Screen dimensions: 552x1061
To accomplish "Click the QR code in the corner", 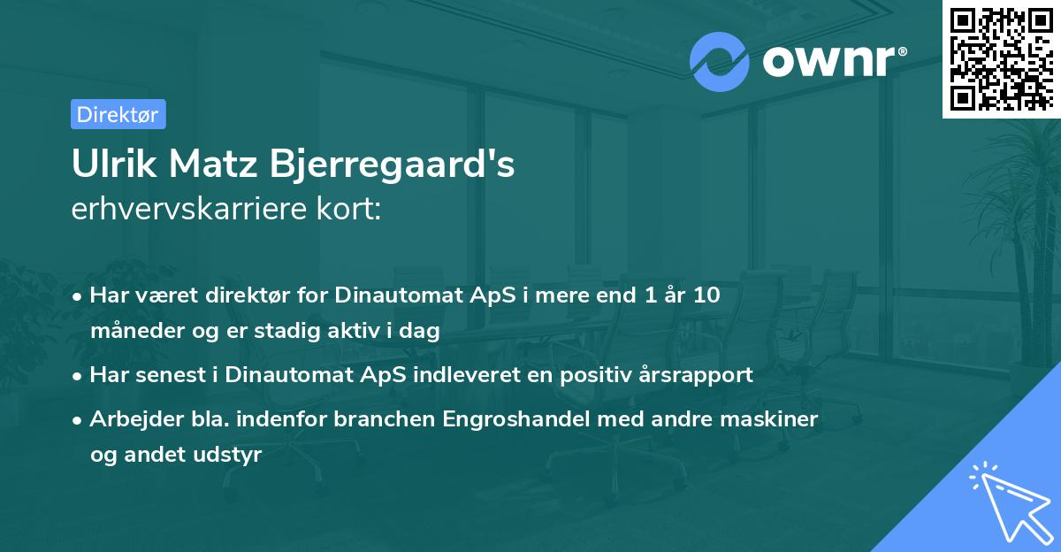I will point(1001,59).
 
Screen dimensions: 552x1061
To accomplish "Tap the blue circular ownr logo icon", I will point(720,61).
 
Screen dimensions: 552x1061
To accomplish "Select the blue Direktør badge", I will point(118,114).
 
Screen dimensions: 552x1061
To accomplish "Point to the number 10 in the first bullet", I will point(706,295).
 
